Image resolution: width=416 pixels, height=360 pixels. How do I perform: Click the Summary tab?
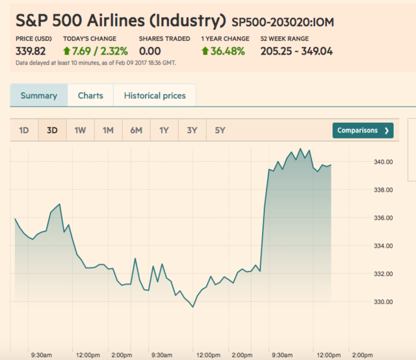(x=38, y=96)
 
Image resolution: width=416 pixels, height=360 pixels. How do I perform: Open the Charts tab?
(x=90, y=96)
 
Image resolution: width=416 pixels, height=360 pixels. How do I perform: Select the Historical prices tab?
(x=155, y=96)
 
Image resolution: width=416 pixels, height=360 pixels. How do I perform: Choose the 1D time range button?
(x=24, y=131)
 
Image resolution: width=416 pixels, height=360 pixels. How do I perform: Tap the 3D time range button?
(x=52, y=131)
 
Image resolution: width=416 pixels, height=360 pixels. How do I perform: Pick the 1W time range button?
(x=80, y=131)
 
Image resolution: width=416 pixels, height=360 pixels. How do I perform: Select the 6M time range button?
(x=136, y=131)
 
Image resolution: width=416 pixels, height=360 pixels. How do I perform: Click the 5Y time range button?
(x=220, y=131)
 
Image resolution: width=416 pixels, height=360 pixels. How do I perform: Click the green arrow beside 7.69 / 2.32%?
(x=67, y=51)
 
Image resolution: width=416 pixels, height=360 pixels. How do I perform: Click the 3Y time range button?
(x=192, y=131)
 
